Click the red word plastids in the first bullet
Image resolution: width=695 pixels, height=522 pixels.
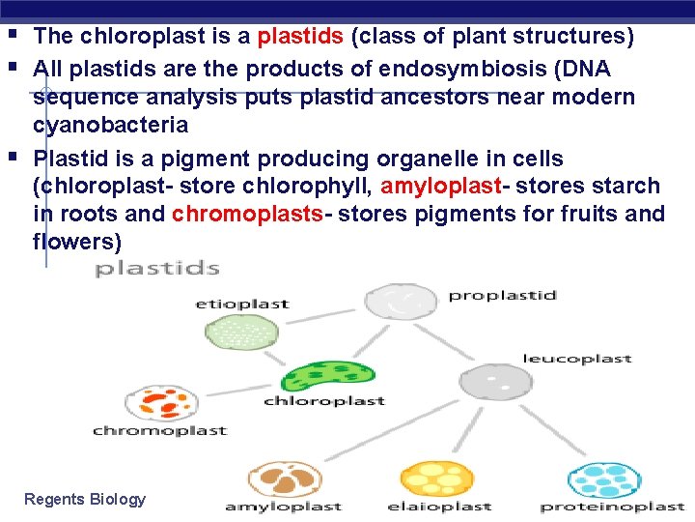[300, 36]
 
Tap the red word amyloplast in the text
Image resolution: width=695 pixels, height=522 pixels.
[440, 186]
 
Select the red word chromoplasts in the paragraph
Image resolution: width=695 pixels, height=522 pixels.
[247, 214]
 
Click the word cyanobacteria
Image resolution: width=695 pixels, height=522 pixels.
[111, 126]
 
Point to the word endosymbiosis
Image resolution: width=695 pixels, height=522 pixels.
[462, 69]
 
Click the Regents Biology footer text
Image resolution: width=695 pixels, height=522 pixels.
[85, 500]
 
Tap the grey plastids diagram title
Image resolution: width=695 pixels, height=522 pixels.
[157, 269]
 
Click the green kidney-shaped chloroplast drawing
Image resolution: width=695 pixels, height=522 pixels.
[328, 376]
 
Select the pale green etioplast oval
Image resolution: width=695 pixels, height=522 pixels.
[242, 332]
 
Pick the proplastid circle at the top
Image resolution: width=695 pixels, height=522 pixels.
[401, 302]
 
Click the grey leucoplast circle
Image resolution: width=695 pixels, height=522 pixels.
[495, 382]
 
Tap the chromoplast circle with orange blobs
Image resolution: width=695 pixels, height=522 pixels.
[162, 403]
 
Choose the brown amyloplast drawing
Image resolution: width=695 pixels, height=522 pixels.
[285, 479]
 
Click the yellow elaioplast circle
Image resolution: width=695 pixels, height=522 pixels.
[437, 479]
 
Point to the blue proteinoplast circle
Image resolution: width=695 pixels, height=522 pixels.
[604, 480]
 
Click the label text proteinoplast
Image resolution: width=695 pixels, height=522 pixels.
[613, 507]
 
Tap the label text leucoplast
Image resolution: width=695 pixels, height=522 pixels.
[577, 359]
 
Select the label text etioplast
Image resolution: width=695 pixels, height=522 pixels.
[242, 304]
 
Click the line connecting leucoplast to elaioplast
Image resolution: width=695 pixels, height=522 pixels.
[468, 430]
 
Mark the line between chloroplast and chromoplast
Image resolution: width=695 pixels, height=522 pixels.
[239, 391]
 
